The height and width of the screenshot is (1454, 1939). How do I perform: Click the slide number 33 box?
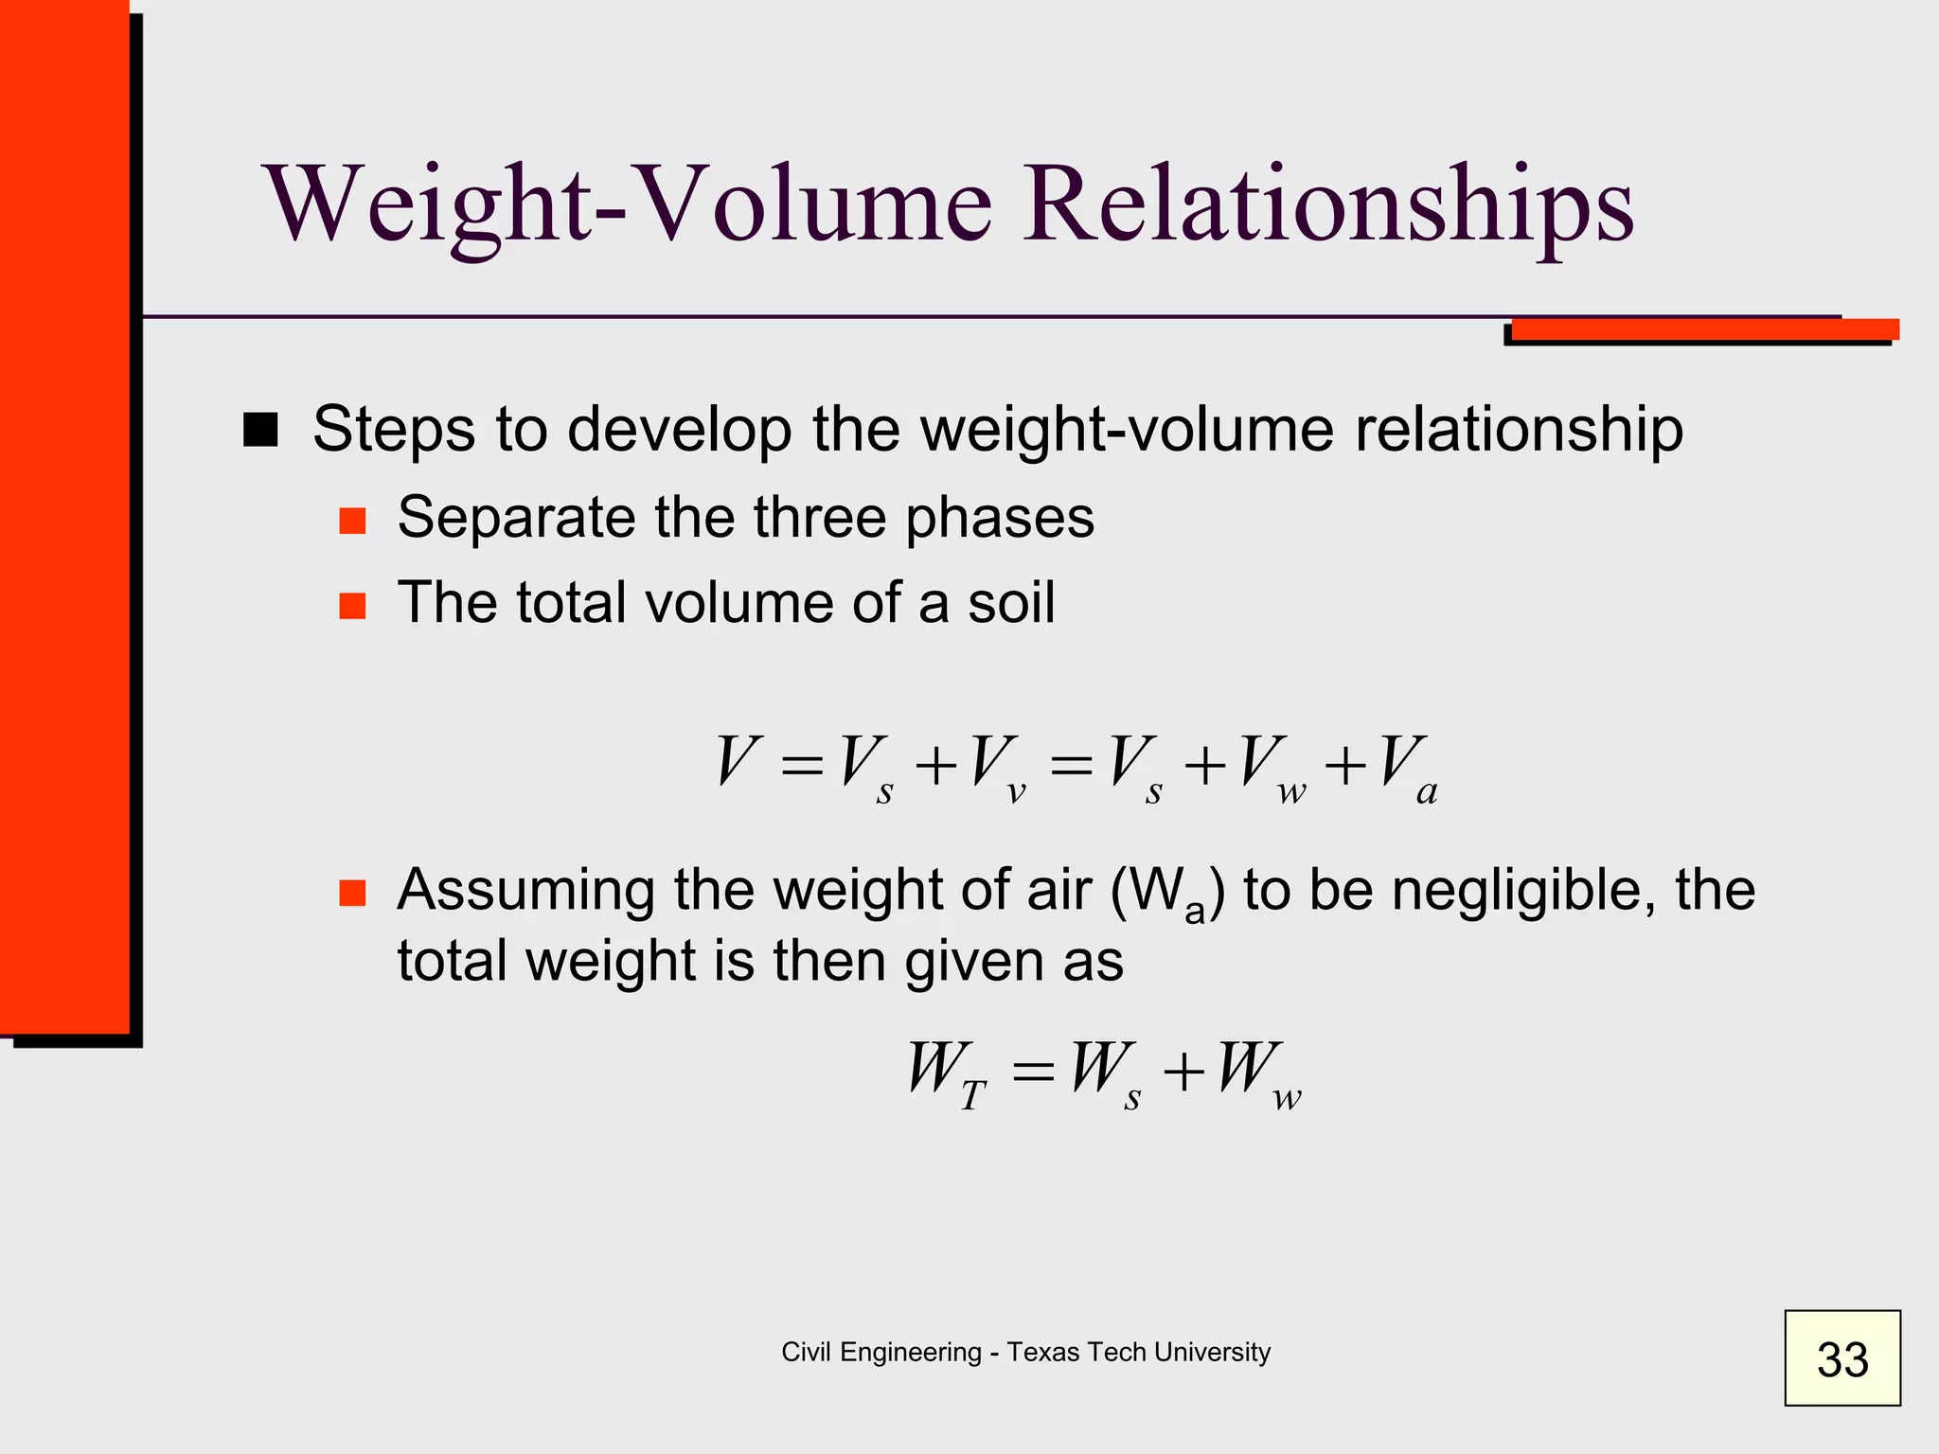1841,1357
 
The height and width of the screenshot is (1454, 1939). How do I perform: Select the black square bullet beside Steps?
260,430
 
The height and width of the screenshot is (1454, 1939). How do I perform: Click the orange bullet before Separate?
352,521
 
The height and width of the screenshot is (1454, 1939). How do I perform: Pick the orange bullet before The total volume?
352,606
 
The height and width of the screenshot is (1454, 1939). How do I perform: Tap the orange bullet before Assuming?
352,893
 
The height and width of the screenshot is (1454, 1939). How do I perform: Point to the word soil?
1010,602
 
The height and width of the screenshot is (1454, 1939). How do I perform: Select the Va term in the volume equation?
1407,768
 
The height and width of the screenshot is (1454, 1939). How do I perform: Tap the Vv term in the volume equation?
998,768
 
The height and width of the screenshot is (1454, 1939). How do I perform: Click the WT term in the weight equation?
946,1073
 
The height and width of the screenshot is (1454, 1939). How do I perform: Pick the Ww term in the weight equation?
1260,1073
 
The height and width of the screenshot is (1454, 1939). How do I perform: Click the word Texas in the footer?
1043,1352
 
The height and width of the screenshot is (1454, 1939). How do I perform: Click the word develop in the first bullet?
679,430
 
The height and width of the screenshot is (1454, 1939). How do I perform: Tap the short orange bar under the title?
1704,329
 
